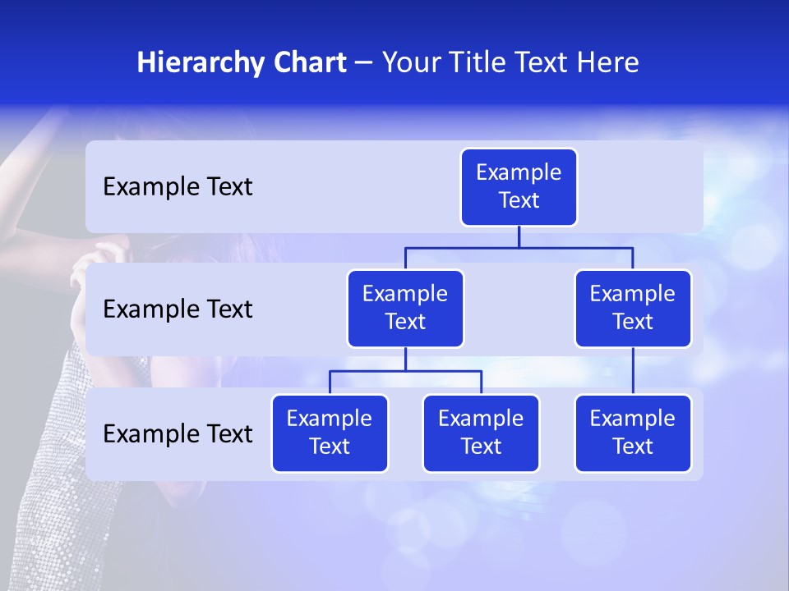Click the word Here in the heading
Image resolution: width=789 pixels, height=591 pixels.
608,63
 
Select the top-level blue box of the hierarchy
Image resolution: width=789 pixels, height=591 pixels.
519,187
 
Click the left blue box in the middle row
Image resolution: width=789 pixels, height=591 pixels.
405,308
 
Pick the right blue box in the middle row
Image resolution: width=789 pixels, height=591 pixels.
633,308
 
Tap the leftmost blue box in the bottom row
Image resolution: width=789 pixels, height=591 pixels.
330,433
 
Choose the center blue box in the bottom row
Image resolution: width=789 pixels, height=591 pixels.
481,433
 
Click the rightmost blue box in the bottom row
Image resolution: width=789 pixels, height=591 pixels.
633,433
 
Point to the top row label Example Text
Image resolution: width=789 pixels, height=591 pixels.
178,187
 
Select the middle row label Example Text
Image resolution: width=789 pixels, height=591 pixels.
178,309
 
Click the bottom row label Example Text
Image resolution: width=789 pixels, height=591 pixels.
178,433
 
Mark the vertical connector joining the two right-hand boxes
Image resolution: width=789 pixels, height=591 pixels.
633,371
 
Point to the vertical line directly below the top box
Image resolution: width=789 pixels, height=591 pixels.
519,236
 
